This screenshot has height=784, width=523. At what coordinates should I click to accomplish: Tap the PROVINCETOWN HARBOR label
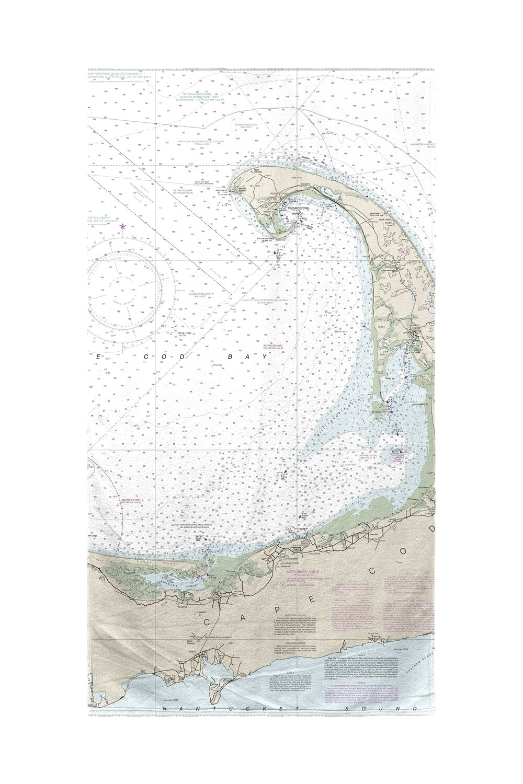(297, 211)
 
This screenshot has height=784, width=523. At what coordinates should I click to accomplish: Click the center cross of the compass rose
(123, 289)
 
